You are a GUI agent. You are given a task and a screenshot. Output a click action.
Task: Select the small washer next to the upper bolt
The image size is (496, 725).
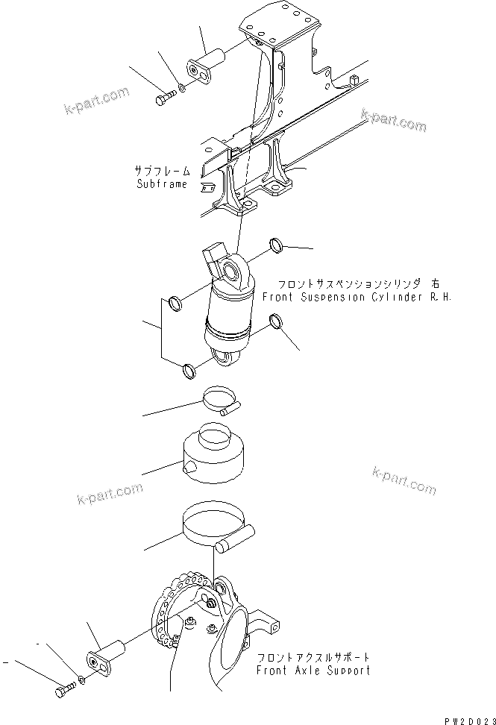click(183, 87)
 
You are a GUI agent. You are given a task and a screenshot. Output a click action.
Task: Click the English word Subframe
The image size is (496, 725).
click(162, 183)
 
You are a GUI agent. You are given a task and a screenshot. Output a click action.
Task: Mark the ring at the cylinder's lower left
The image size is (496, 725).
click(189, 368)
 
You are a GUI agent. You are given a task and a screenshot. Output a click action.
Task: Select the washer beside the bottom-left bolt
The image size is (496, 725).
click(81, 680)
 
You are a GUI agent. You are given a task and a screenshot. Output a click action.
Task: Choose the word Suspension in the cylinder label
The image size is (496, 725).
click(328, 296)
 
